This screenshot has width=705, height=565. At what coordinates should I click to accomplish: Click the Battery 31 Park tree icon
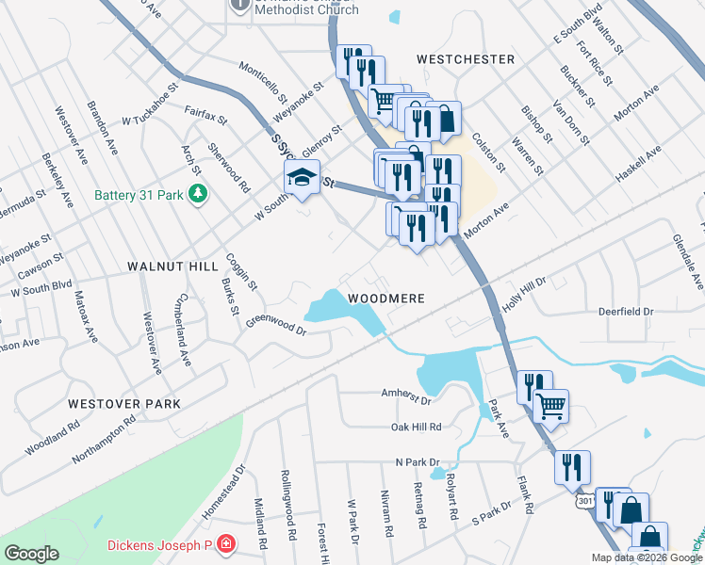coord(197,195)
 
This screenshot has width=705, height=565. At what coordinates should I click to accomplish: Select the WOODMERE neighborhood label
coord(386,298)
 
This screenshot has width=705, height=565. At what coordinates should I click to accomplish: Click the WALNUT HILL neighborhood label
coord(172,267)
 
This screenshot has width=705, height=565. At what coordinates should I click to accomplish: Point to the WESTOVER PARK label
coord(124,403)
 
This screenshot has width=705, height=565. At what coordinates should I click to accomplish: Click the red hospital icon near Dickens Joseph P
coord(225,544)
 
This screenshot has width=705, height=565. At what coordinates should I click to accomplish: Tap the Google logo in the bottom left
coord(31,553)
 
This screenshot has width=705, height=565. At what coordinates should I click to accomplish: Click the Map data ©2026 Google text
coord(648,558)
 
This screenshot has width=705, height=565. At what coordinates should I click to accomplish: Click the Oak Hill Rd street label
coord(416,427)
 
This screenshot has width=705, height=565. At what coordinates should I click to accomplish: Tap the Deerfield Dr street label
coord(626,311)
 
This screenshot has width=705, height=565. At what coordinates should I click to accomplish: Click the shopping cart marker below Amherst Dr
coord(551,406)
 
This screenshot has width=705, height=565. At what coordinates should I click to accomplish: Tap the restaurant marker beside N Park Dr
coord(572,466)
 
